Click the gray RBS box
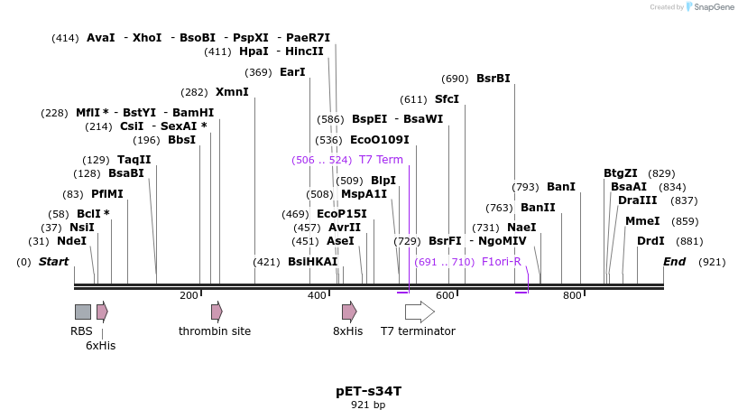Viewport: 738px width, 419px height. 82,312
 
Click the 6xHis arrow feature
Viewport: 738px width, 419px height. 102,312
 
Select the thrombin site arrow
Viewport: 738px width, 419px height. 217,312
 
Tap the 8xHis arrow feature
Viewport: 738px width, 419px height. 348,312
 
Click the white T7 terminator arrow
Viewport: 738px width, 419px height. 419,312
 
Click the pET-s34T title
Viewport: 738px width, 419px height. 368,391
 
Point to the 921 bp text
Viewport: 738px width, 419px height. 368,405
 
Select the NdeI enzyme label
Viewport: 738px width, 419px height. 71,241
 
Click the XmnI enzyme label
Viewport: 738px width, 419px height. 232,92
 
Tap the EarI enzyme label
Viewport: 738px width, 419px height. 292,72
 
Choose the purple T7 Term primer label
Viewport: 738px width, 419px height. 381,160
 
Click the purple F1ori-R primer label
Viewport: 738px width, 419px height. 502,262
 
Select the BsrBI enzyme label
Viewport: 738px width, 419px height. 493,79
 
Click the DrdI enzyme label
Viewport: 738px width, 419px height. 650,241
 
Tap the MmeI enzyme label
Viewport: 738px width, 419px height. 642,221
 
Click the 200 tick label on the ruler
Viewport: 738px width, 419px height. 189,295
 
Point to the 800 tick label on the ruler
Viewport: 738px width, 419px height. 572,295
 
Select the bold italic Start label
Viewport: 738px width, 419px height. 53,262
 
